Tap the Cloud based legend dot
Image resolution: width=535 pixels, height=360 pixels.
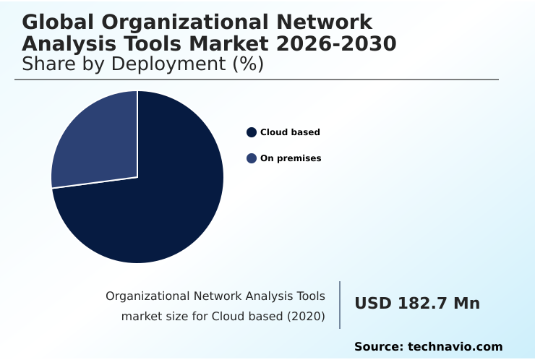click(x=252, y=132)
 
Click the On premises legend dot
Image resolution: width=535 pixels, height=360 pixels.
click(x=252, y=158)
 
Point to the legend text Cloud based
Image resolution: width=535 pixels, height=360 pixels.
click(x=290, y=132)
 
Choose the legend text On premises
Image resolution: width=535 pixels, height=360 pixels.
click(x=291, y=158)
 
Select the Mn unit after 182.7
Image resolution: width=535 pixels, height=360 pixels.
click(x=466, y=304)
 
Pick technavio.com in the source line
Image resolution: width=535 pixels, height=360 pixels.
click(x=455, y=347)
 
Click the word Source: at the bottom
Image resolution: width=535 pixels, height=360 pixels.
click(x=378, y=347)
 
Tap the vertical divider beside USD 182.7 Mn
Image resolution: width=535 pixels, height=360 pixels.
click(x=340, y=304)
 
